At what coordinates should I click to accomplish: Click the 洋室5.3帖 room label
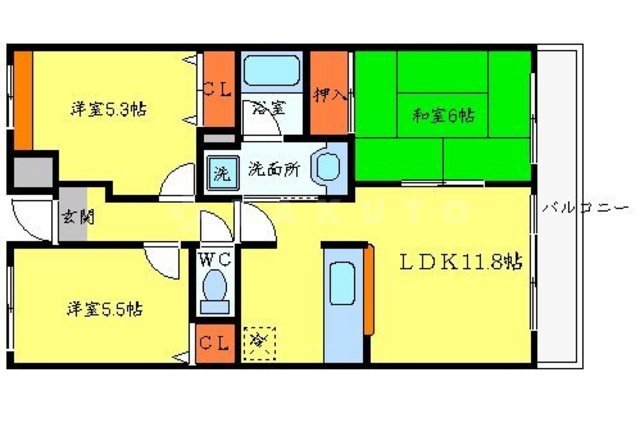[x=108, y=108]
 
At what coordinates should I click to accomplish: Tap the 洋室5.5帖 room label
[x=105, y=309]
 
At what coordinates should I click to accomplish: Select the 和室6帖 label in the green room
[x=443, y=115]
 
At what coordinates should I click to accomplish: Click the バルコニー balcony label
[x=585, y=209]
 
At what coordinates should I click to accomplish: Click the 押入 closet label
[x=330, y=96]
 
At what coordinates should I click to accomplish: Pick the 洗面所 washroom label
[x=273, y=169]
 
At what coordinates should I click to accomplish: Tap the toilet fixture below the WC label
[x=214, y=291]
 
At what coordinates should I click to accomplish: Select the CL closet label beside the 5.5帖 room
[x=214, y=345]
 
